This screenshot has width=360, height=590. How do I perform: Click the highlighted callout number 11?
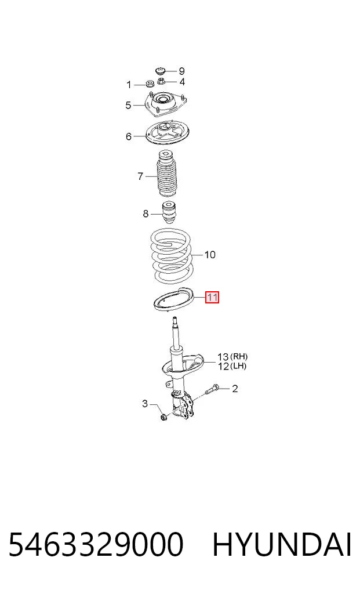pos(212,298)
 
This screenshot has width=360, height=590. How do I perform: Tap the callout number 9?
pos(181,71)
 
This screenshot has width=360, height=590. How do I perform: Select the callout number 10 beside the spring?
pos(210,255)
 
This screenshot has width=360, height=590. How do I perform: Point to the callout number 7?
pos(140,176)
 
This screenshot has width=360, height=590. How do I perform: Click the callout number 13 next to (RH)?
pos(223,356)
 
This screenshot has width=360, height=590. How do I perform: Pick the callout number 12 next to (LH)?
pos(223,365)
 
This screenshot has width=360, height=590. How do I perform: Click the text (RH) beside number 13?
pos(238,356)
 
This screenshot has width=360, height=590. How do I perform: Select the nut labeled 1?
pos(149,84)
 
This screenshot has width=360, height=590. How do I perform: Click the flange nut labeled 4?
pos(162,81)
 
